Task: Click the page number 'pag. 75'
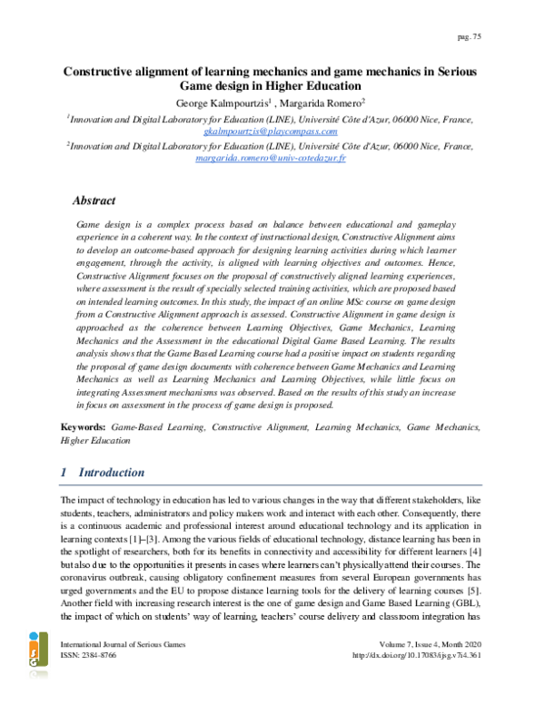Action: tap(470, 36)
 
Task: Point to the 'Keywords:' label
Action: tap(83, 425)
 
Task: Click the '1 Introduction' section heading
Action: tap(101, 473)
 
